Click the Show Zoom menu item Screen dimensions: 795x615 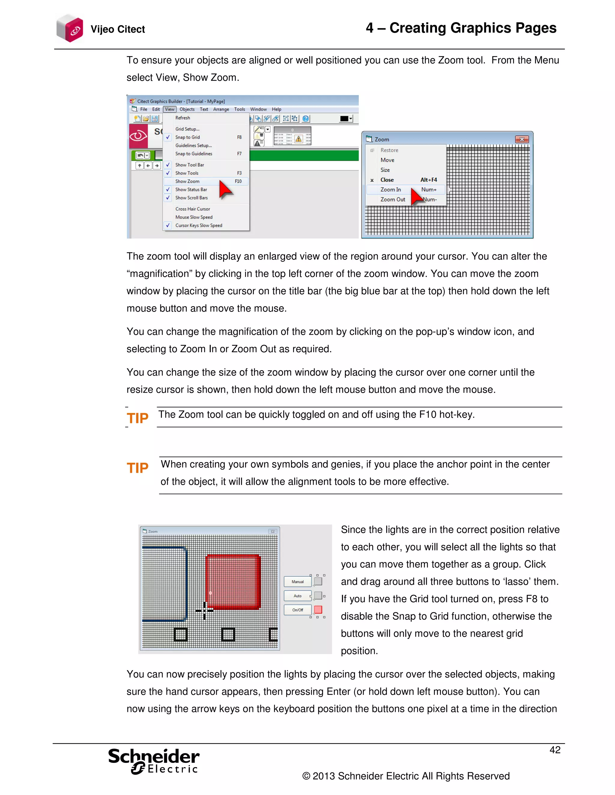pos(187,181)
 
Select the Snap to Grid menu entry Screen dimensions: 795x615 pos(187,137)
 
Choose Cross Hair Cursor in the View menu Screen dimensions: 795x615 pos(192,209)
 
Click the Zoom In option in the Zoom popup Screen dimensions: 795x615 pos(391,190)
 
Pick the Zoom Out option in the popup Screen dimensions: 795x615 pos(392,199)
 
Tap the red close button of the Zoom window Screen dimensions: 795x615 pos(522,139)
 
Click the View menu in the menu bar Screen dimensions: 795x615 pos(169,109)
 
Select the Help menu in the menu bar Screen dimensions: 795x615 pos(276,109)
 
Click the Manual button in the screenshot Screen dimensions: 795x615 pos(297,582)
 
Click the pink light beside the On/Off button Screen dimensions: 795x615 pos(318,610)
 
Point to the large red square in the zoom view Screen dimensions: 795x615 pos(233,581)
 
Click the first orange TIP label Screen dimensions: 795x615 pos(137,418)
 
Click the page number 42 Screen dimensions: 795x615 pos(555,750)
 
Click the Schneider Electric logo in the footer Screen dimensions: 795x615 pos(154,761)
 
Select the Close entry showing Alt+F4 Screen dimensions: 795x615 pos(387,180)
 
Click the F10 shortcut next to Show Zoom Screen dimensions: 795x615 pos(238,181)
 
